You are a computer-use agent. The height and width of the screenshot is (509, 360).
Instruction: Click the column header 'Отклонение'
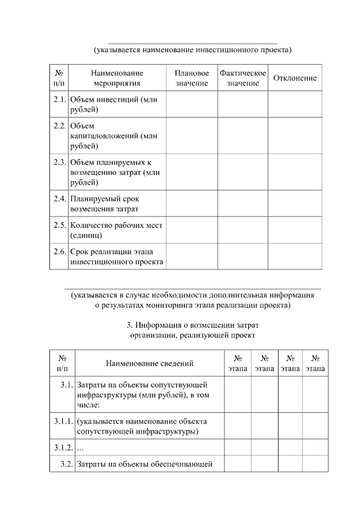[295, 78]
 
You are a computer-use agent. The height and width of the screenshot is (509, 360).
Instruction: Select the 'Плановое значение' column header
[191, 78]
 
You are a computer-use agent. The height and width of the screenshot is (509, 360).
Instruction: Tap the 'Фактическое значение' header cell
[242, 78]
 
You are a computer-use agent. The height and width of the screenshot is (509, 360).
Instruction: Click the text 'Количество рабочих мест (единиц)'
[116, 230]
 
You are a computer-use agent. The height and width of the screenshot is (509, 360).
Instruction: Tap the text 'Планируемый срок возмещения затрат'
[108, 204]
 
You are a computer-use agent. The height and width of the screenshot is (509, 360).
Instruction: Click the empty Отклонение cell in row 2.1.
[295, 105]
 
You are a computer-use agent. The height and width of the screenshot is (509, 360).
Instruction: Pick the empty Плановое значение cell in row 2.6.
[191, 256]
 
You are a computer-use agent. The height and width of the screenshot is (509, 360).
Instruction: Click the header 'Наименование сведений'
[150, 363]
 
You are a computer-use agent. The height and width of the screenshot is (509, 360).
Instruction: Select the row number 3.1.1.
[63, 421]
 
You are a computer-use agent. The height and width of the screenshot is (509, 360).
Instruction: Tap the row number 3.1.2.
[63, 447]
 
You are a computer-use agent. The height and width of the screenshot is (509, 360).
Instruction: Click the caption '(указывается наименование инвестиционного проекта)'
[192, 50]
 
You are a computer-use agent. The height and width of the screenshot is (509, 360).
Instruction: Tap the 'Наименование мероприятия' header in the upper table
[117, 78]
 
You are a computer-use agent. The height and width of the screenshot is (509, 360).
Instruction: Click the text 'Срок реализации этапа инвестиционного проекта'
[116, 256]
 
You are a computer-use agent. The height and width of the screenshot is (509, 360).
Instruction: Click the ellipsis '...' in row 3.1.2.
[80, 447]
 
